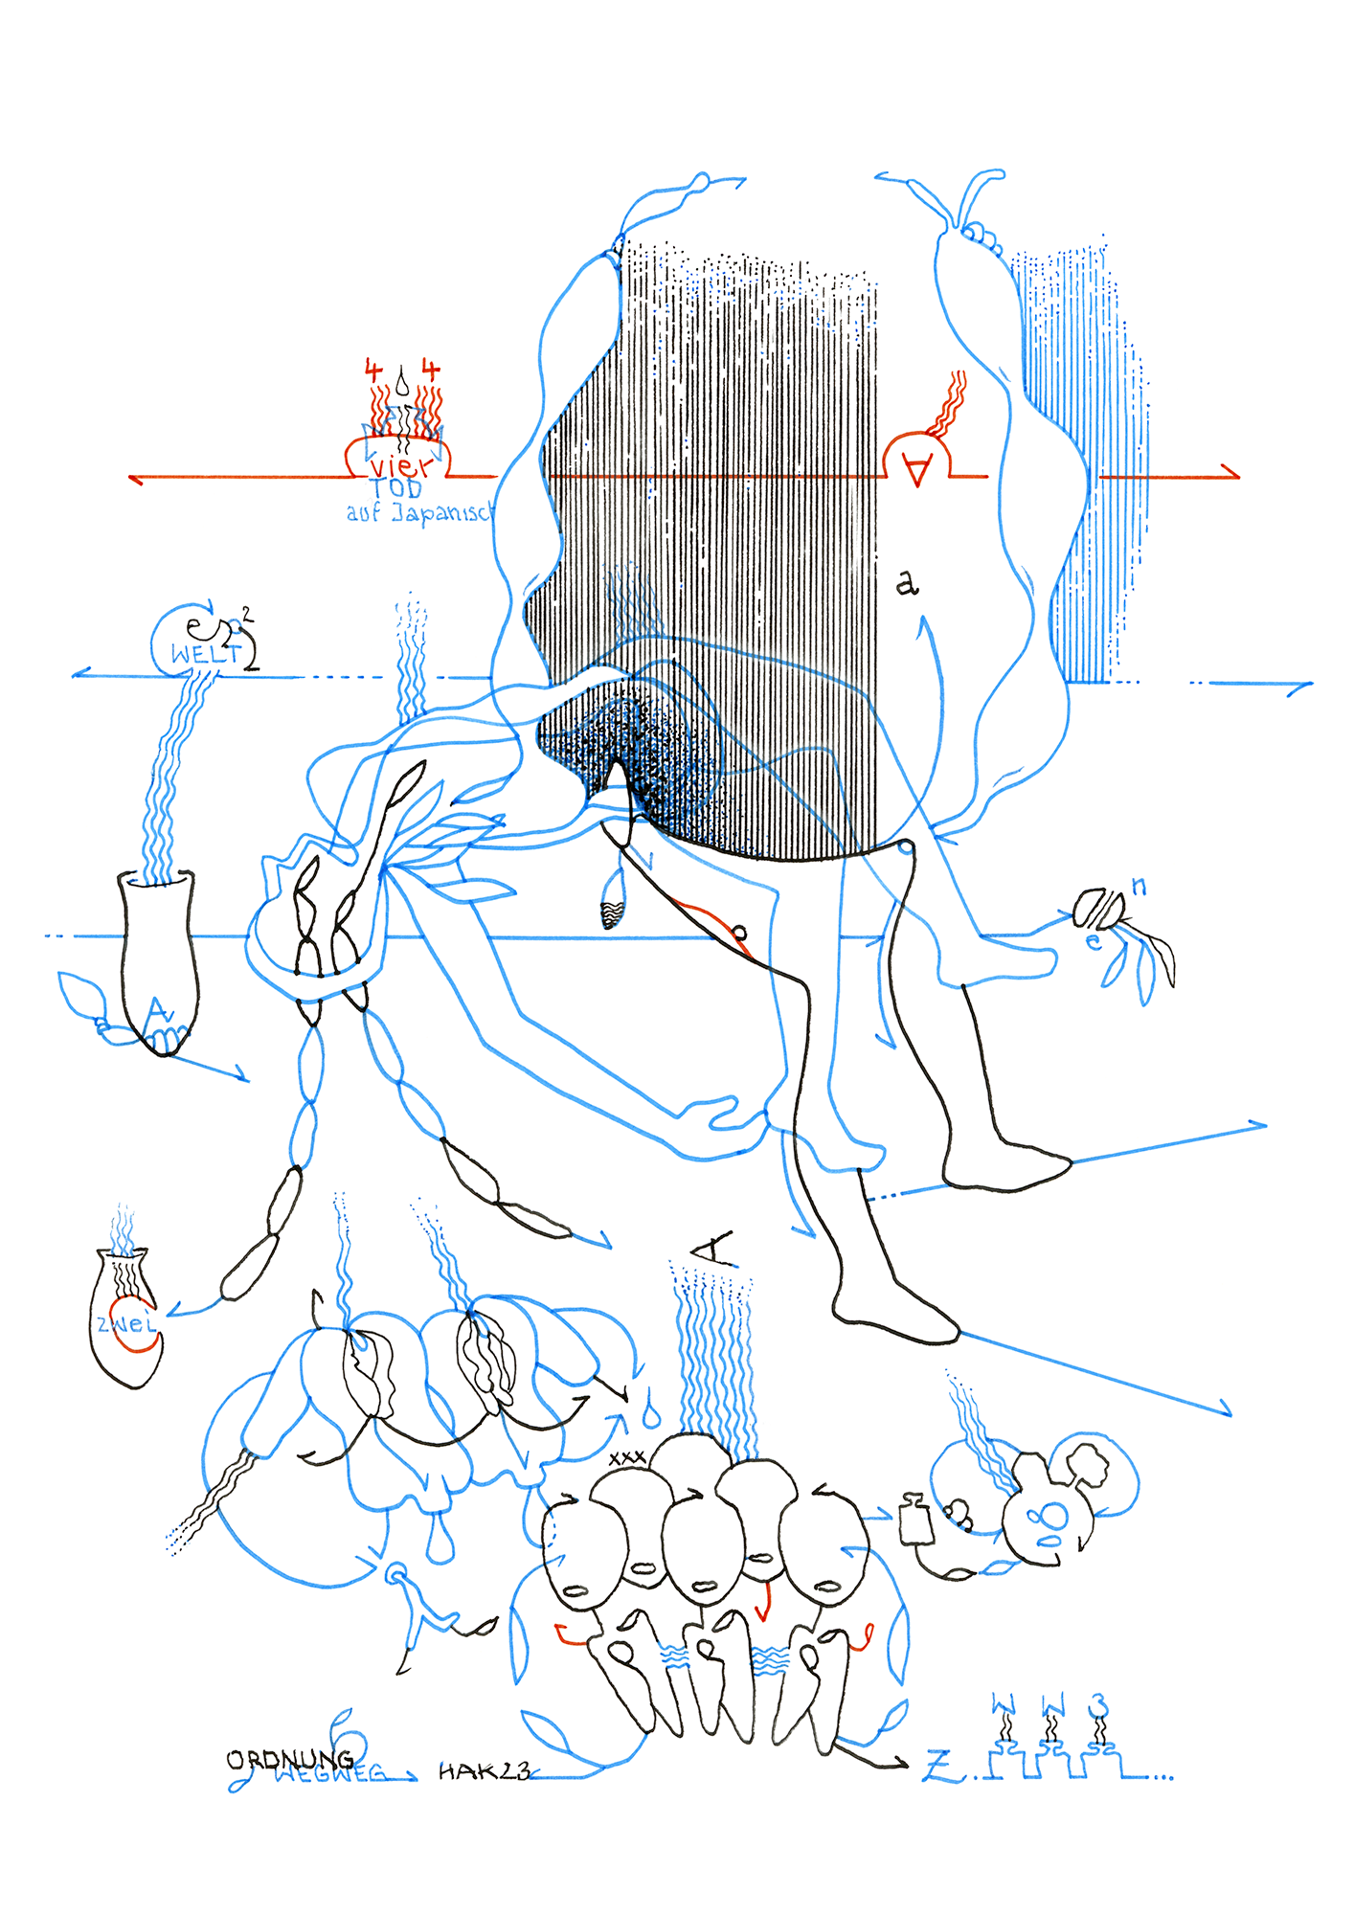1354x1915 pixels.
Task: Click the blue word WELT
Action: pos(205,654)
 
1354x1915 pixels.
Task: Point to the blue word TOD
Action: pos(395,489)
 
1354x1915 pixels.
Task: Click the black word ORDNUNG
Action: pos(289,1759)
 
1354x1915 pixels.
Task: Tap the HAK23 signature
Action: pos(484,1771)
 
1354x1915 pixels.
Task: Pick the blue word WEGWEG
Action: pos(331,1774)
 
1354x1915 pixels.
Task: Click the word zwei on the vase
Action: pos(125,1325)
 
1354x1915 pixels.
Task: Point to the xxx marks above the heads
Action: pos(627,1457)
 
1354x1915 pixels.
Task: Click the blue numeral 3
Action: pos(1099,1705)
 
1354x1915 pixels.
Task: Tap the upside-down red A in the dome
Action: pos(917,470)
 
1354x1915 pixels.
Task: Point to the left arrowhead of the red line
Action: pos(136,478)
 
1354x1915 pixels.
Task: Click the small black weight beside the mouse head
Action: pos(916,1521)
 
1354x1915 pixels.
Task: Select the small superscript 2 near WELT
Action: pos(248,615)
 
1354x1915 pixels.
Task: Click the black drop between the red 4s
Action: pos(403,383)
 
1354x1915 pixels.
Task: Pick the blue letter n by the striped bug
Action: pos(1139,887)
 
